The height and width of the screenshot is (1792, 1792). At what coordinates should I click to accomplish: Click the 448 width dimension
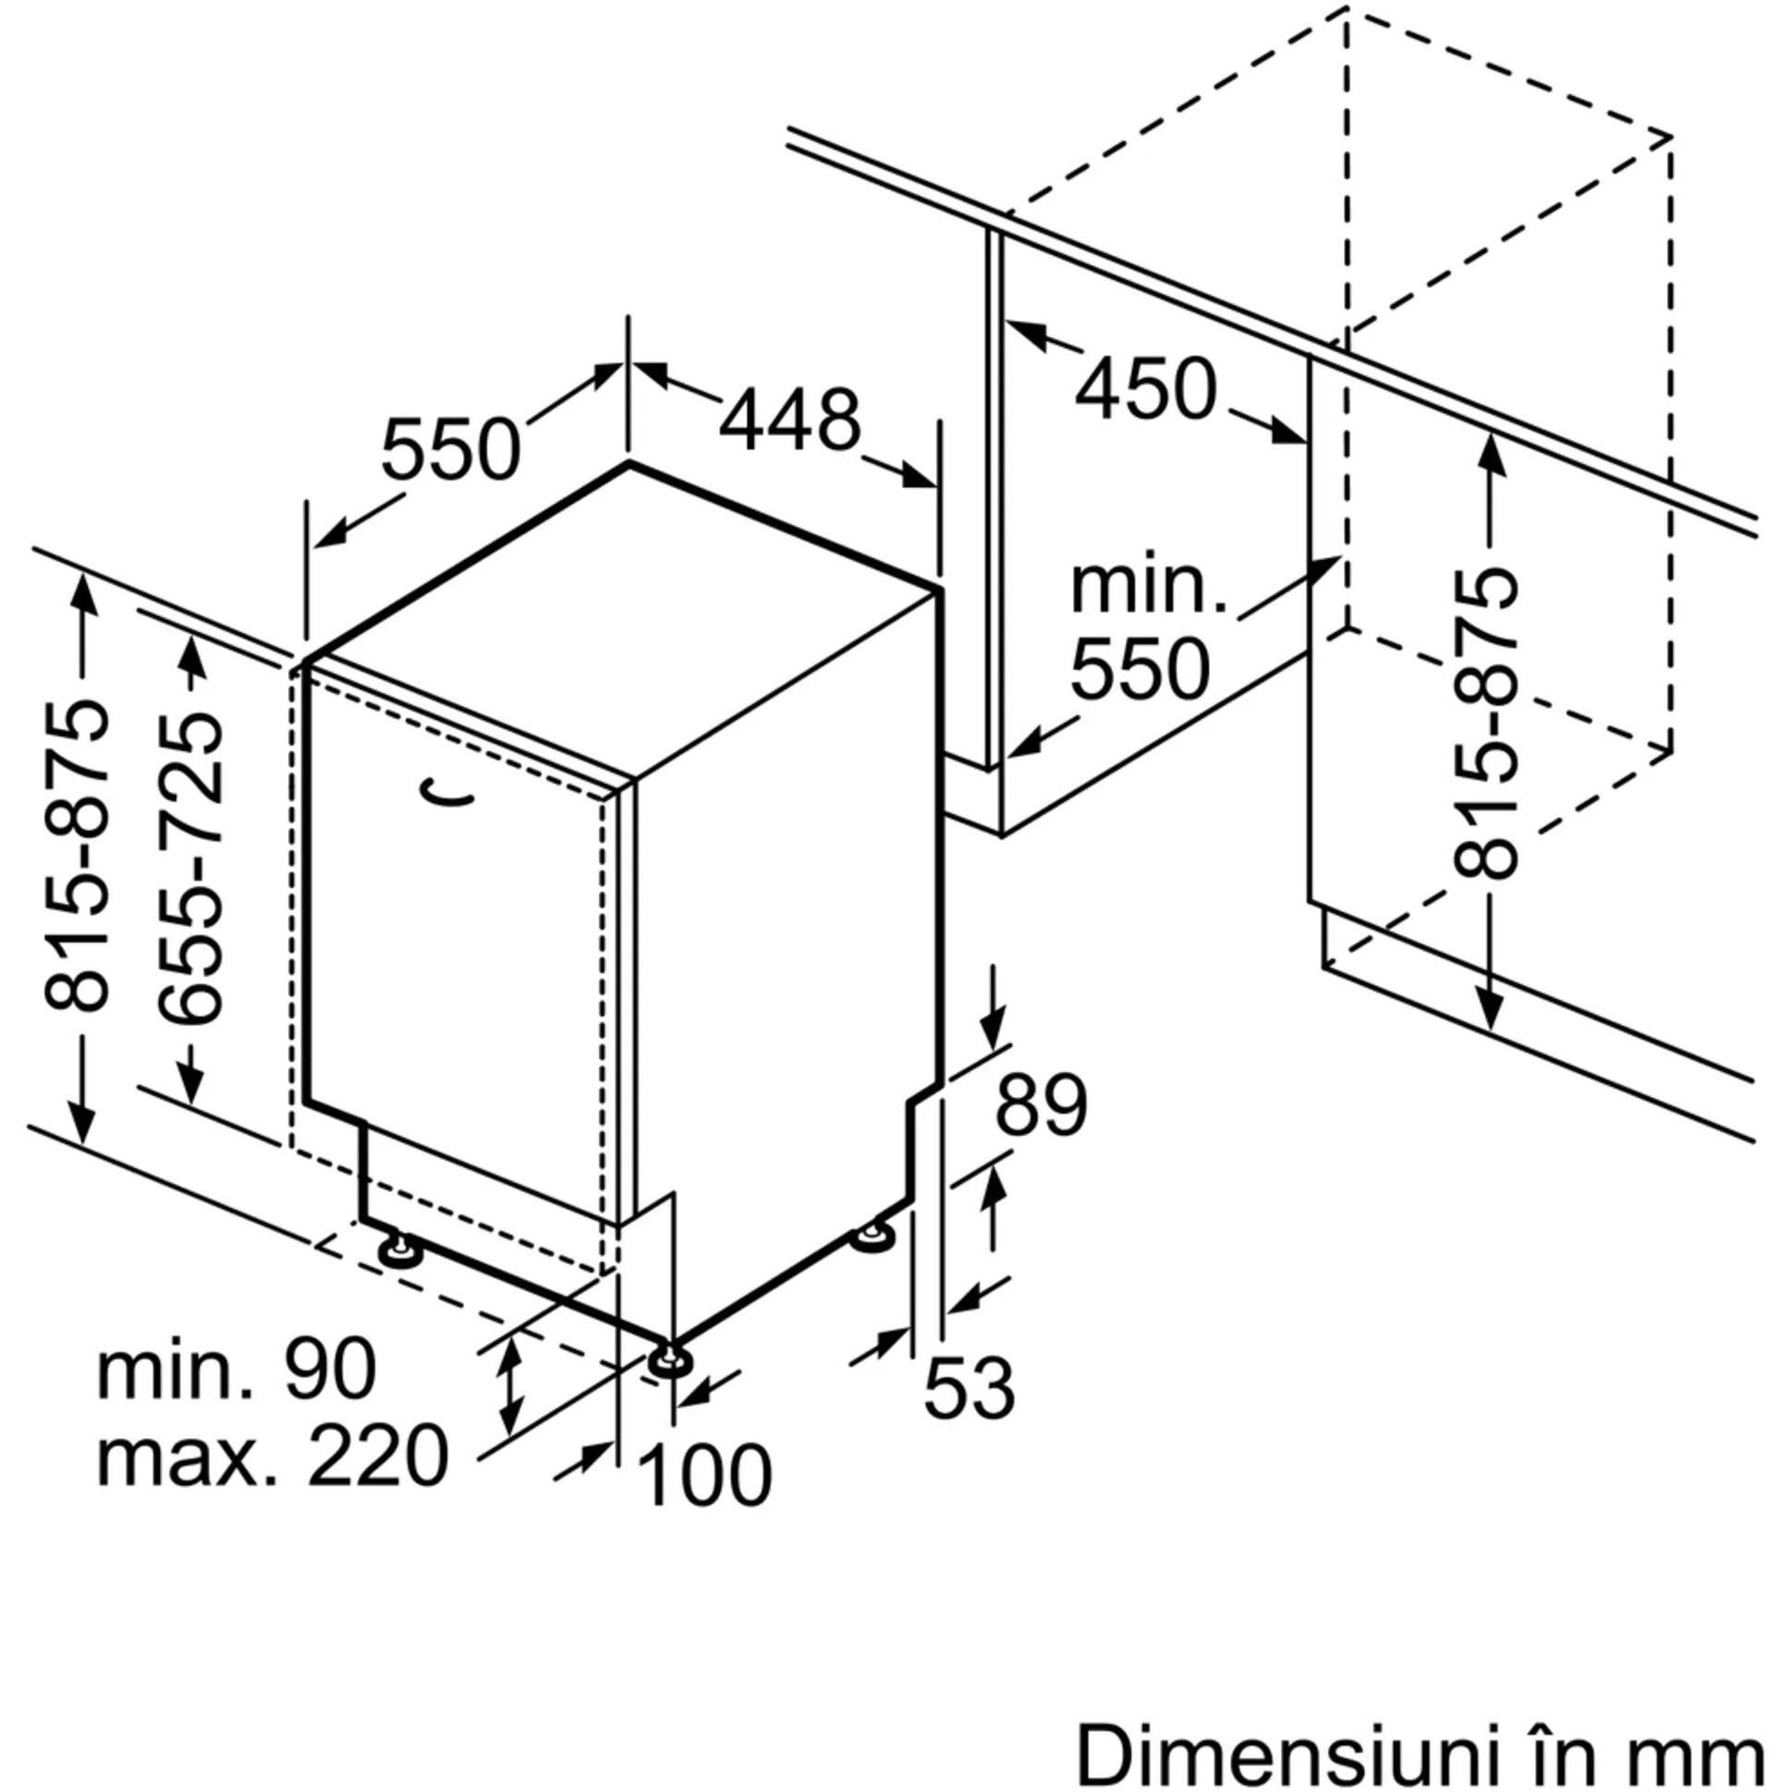tap(790, 421)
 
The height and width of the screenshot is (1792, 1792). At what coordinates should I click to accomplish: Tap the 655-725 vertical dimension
tap(190, 867)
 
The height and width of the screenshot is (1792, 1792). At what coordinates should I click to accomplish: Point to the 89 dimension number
tap(1041, 1103)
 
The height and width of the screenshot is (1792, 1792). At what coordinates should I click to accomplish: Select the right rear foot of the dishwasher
tap(872, 1237)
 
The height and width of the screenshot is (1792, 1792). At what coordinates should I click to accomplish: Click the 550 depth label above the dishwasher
tap(451, 450)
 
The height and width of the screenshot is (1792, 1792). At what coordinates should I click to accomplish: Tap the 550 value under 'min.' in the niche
tap(1140, 670)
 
